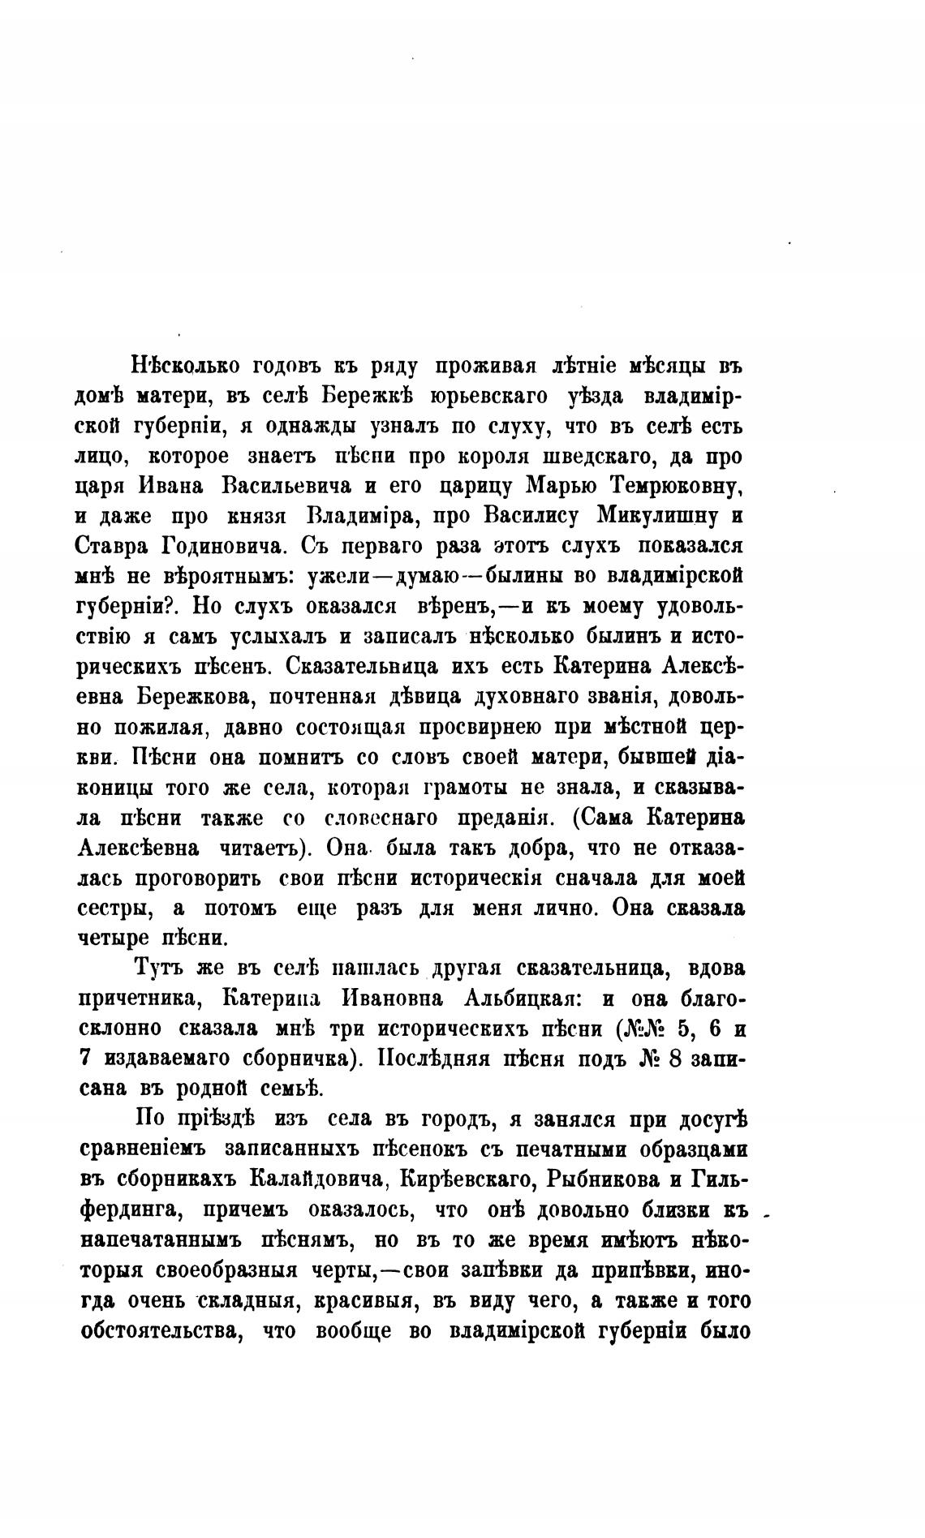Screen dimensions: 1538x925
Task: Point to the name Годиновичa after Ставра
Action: pyautogui.click(x=222, y=546)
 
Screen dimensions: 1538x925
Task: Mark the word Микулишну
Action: pyautogui.click(x=658, y=516)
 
